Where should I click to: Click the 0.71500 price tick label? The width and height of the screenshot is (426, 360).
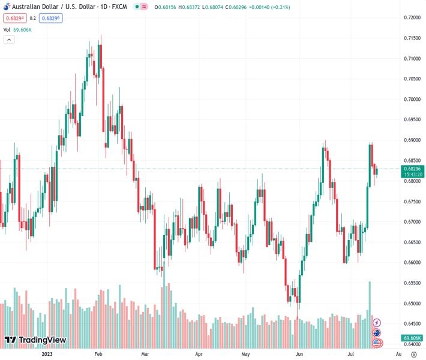(411, 38)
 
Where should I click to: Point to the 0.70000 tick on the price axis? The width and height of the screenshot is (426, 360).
(411, 99)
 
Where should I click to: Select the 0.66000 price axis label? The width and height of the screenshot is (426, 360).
(411, 262)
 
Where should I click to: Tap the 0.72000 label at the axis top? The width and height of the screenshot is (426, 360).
(411, 17)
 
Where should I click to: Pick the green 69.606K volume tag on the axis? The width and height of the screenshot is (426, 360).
(413, 338)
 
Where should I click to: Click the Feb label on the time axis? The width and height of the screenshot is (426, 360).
(98, 354)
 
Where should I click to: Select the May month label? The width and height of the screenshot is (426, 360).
(245, 354)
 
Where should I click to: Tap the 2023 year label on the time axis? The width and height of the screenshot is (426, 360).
(47, 354)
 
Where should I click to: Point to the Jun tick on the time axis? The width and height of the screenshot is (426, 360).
(299, 354)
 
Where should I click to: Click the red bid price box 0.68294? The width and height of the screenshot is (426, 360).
(14, 18)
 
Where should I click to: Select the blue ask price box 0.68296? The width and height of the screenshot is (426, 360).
(51, 18)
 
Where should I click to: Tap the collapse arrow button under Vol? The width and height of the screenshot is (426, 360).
(9, 40)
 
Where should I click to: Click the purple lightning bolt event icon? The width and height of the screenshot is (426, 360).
(377, 323)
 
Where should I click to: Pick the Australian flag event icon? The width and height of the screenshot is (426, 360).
(377, 333)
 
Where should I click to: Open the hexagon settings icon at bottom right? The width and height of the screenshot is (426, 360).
(413, 354)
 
